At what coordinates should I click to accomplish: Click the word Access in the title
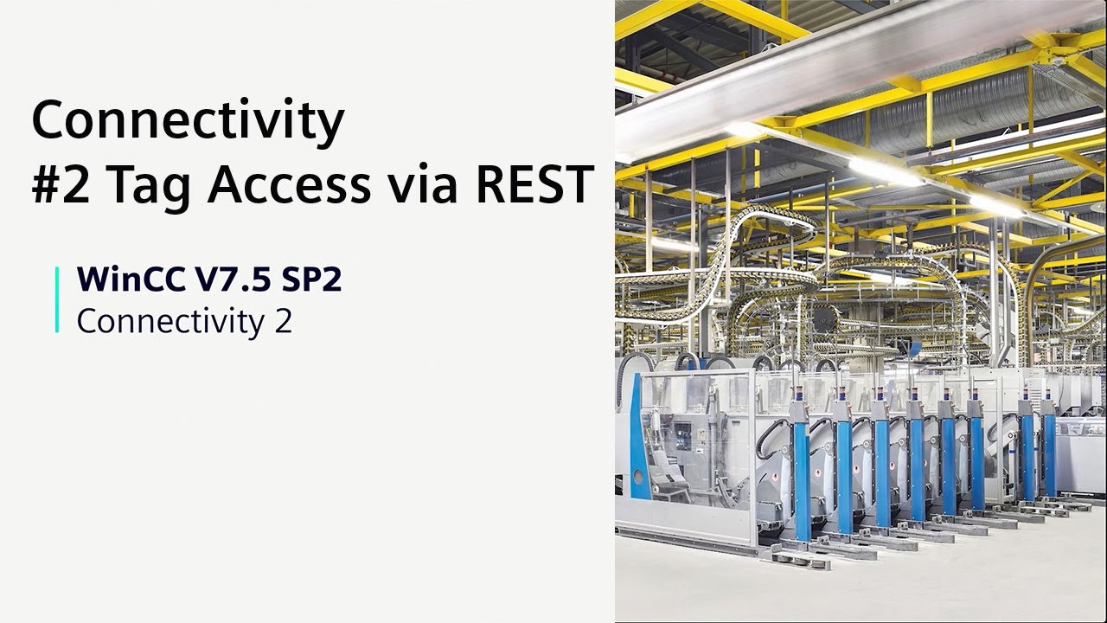point(289,184)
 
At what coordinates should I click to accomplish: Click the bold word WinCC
point(131,279)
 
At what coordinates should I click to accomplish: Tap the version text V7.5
point(233,279)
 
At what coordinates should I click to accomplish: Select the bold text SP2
point(311,279)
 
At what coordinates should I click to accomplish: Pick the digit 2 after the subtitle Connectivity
point(283,321)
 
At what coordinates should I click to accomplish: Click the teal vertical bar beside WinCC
point(57,299)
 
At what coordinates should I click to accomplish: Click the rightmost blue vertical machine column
point(1050,455)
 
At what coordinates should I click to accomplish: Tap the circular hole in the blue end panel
point(638,477)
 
